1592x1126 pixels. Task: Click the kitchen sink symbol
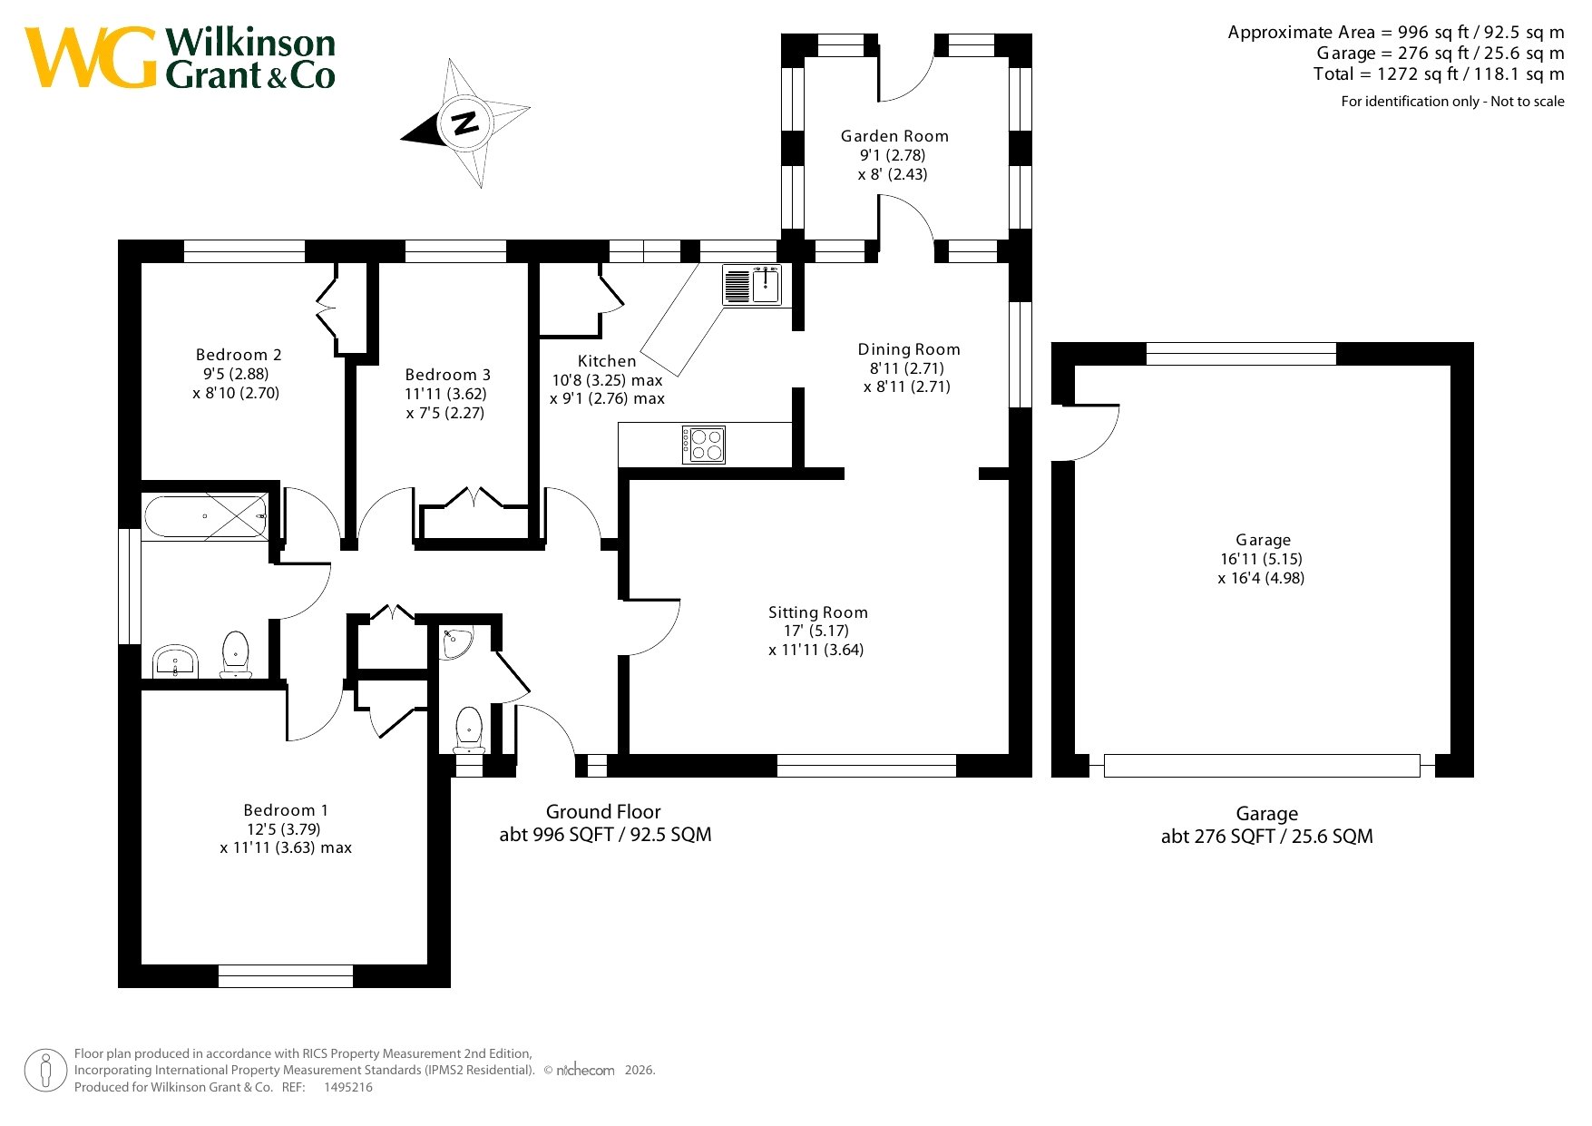(752, 285)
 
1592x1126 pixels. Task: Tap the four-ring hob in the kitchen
(705, 445)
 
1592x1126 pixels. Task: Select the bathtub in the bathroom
(206, 518)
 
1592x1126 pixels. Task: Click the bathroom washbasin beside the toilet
(175, 661)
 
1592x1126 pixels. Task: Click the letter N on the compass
(465, 122)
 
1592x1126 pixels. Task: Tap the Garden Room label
(894, 136)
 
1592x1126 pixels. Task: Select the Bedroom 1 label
(286, 810)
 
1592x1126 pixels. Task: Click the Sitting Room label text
(818, 612)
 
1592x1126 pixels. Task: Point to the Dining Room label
(909, 349)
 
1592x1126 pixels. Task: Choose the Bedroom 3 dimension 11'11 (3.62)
(446, 394)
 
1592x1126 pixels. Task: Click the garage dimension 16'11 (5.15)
(1261, 559)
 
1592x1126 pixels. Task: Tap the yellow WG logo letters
(91, 57)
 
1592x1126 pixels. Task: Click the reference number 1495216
(348, 1087)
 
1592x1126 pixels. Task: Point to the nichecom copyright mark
(584, 1071)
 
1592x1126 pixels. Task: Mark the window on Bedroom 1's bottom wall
(286, 976)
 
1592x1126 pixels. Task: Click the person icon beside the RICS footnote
(45, 1071)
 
